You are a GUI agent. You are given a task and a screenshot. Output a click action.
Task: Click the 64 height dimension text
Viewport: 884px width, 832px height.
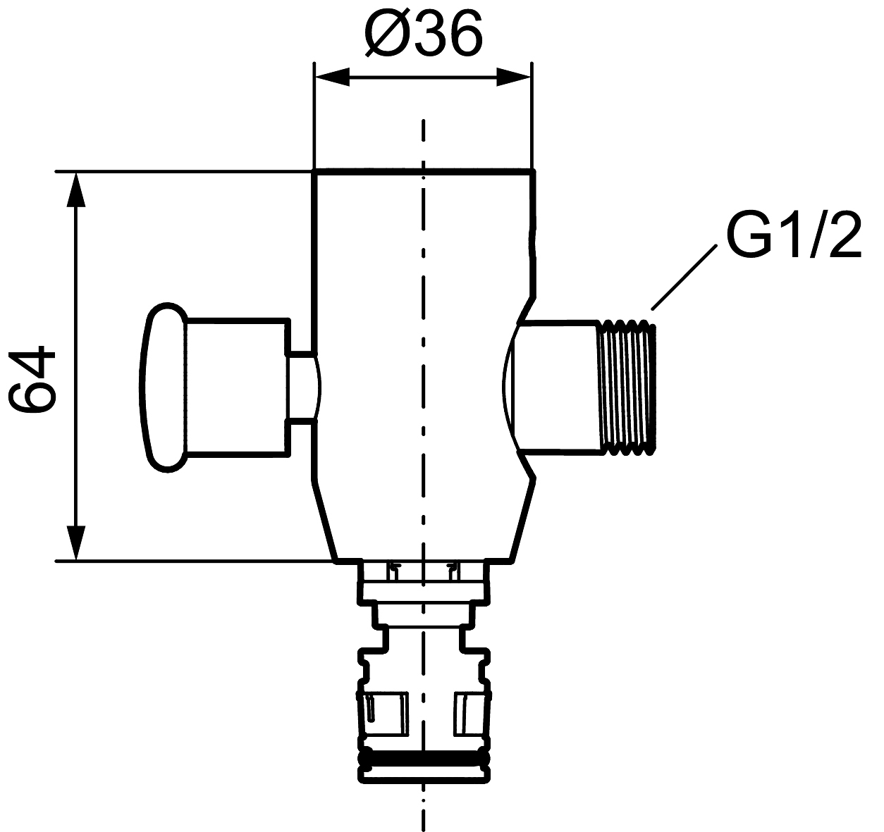click(32, 380)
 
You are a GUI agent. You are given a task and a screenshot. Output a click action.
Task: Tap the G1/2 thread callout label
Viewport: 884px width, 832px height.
click(794, 235)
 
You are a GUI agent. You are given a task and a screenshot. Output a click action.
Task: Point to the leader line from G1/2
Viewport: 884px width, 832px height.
click(684, 277)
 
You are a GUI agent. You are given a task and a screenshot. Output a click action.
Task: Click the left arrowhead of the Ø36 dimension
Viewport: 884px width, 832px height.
click(331, 77)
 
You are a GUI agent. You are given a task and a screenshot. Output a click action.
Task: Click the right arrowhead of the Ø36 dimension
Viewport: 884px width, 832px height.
click(514, 77)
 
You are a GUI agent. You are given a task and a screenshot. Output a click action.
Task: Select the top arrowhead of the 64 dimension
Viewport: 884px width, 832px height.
click(75, 190)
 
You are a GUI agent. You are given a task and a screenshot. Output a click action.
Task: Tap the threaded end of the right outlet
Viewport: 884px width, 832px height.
click(627, 387)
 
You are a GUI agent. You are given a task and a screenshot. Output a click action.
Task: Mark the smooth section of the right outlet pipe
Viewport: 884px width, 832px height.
click(558, 387)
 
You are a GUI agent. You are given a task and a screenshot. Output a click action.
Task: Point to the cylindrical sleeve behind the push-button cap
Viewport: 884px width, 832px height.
click(237, 387)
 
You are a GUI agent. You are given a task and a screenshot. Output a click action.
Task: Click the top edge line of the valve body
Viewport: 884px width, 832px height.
click(423, 170)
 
